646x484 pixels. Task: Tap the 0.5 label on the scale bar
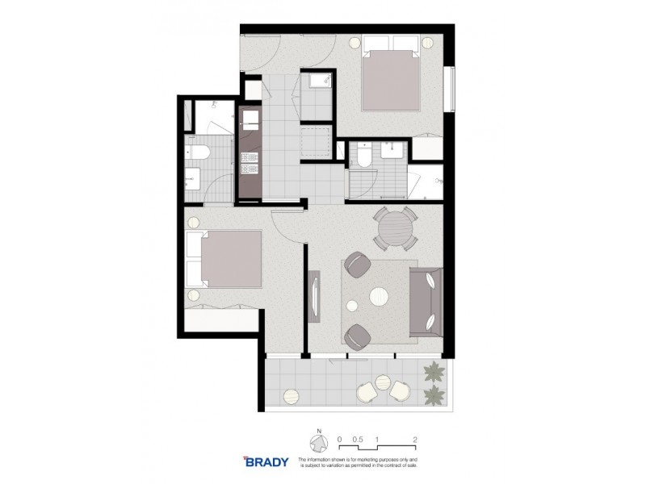359,439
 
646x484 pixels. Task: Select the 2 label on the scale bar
414,439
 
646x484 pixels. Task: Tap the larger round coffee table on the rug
380,298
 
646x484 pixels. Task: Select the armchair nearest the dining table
356,265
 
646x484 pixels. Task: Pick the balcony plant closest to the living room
434,373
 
